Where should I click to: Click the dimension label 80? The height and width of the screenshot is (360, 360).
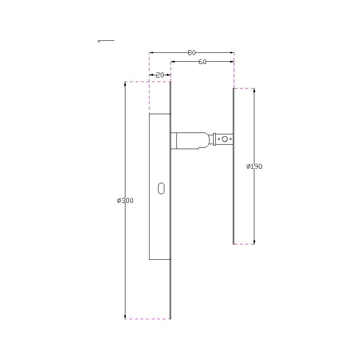(x=192, y=53)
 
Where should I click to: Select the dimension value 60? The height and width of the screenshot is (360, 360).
(x=202, y=62)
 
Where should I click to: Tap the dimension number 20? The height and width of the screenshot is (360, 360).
(x=160, y=75)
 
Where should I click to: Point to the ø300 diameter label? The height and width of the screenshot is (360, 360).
(x=125, y=201)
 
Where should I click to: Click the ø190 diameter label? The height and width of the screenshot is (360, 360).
(x=254, y=167)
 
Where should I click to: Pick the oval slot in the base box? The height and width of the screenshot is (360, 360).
(x=161, y=189)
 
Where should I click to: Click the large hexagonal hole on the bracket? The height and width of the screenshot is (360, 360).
(x=225, y=139)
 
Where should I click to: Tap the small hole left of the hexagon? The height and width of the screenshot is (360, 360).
(x=219, y=139)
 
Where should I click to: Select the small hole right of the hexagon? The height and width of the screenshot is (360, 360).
(x=231, y=139)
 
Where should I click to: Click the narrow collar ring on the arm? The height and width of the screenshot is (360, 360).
(x=214, y=139)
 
